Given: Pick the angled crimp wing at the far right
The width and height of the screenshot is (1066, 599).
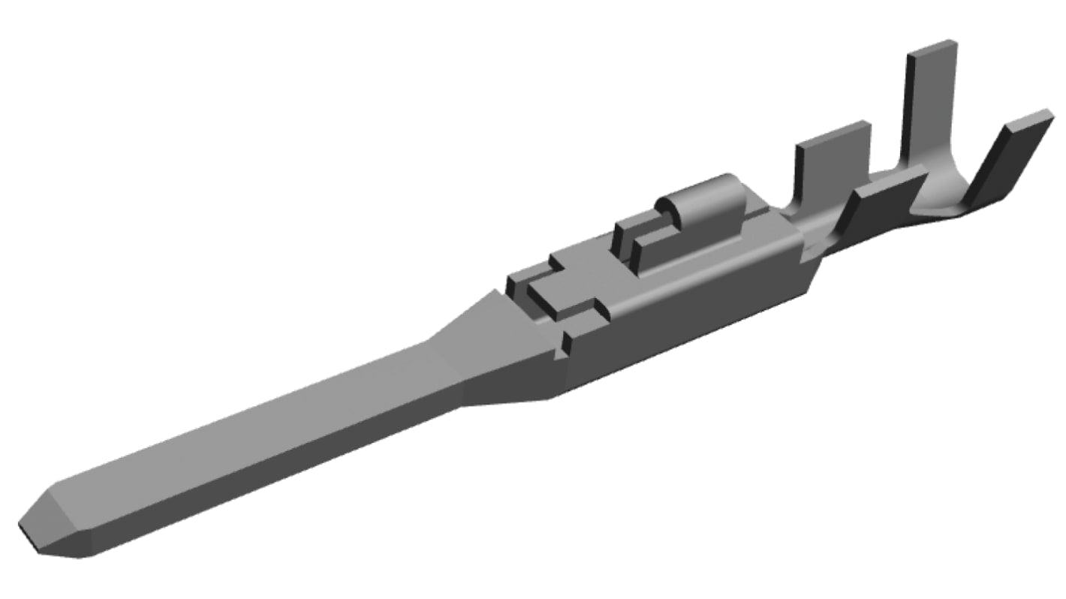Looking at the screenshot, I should (1006, 161).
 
